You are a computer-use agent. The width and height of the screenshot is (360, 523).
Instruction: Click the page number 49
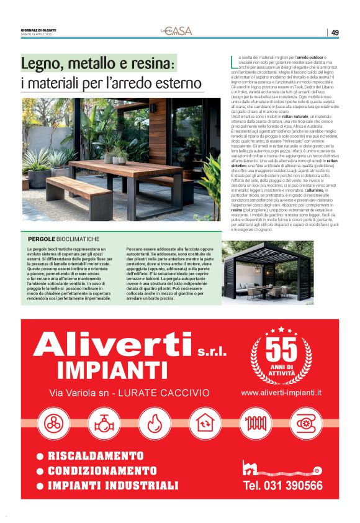(335, 32)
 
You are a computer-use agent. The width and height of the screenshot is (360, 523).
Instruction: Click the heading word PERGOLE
(42, 239)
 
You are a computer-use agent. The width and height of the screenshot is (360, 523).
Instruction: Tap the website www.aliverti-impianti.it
(281, 393)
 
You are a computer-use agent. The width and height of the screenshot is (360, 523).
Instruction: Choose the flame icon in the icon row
(155, 424)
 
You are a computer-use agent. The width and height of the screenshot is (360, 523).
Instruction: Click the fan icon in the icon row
(55, 424)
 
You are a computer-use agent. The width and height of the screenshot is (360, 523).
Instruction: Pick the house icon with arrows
(205, 424)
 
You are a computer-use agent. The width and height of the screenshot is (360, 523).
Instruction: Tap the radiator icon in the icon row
(255, 424)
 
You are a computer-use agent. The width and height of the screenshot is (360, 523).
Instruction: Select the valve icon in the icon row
(104, 424)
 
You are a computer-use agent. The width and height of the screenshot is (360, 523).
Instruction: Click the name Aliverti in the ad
(112, 347)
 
